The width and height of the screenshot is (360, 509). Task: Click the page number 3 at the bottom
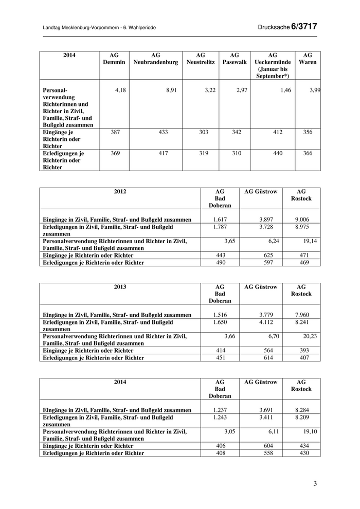point(315,483)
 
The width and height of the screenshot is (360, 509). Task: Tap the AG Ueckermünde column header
point(273,65)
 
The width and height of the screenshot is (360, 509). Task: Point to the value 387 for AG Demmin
point(118,133)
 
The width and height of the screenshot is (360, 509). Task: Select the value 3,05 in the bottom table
point(227,431)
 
